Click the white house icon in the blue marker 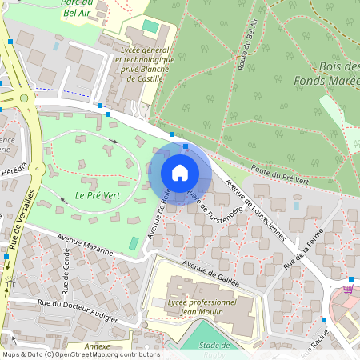coord(180,173)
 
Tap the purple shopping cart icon coord(348,289)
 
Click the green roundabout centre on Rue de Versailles coord(25,98)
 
